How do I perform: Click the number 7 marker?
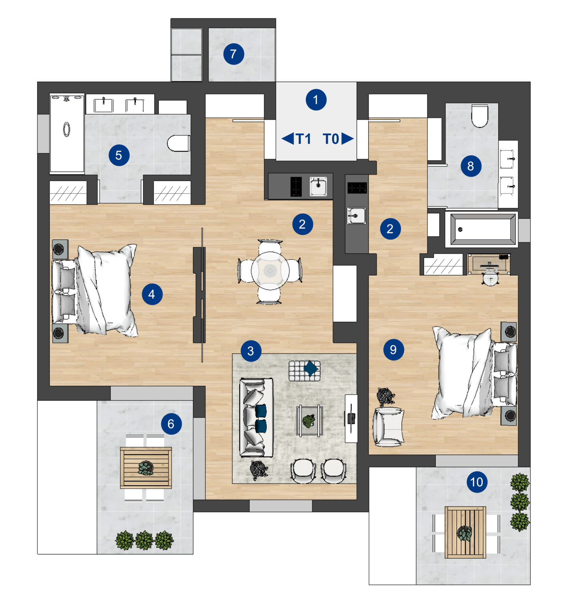tap(233, 54)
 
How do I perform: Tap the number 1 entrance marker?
tap(316, 100)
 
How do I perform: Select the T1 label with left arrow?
tap(296, 139)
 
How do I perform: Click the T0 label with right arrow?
tap(338, 139)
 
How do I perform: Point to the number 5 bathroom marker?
tap(119, 155)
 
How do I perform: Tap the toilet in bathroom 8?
tap(480, 116)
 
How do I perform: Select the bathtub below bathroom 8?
tap(483, 229)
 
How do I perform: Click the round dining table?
tap(270, 271)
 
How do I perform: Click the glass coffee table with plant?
tap(309, 421)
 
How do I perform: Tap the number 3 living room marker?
tap(251, 351)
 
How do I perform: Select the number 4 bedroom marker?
tap(152, 294)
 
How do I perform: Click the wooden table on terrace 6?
tap(146, 467)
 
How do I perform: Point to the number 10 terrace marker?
tap(477, 482)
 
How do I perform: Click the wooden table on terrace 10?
tap(465, 532)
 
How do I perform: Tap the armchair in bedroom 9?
tap(388, 427)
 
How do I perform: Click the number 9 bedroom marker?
tap(393, 350)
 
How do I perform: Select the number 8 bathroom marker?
tap(471, 166)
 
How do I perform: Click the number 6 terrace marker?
tap(171, 424)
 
